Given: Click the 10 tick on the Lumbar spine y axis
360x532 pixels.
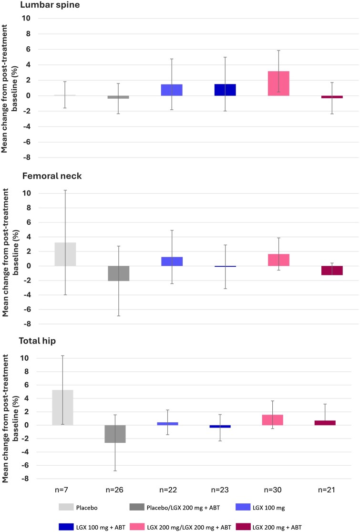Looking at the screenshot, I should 27,19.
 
